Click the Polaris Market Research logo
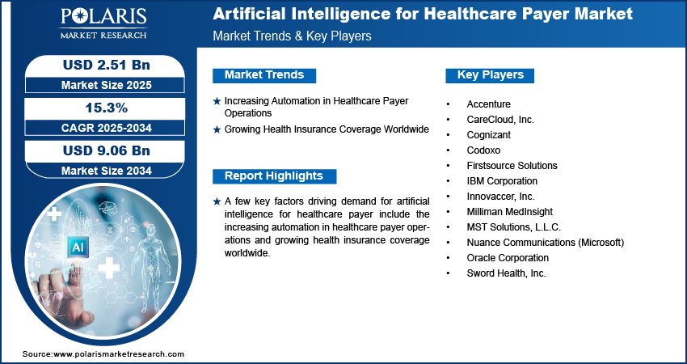[103, 23]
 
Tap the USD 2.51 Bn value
[107, 65]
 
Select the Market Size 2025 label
[107, 85]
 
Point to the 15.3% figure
[107, 108]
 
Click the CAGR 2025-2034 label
[107, 128]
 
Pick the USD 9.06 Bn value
[107, 150]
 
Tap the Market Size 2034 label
[107, 171]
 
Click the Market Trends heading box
[264, 75]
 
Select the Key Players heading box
[490, 75]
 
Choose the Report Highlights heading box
[274, 176]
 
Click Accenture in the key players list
[488, 104]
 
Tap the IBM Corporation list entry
[502, 181]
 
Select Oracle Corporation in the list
[508, 258]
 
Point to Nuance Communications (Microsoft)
[545, 243]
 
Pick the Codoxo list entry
[483, 150]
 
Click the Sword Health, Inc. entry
[506, 273]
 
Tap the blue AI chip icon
[78, 248]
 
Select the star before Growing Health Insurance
[217, 129]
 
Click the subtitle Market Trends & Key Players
[293, 36]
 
